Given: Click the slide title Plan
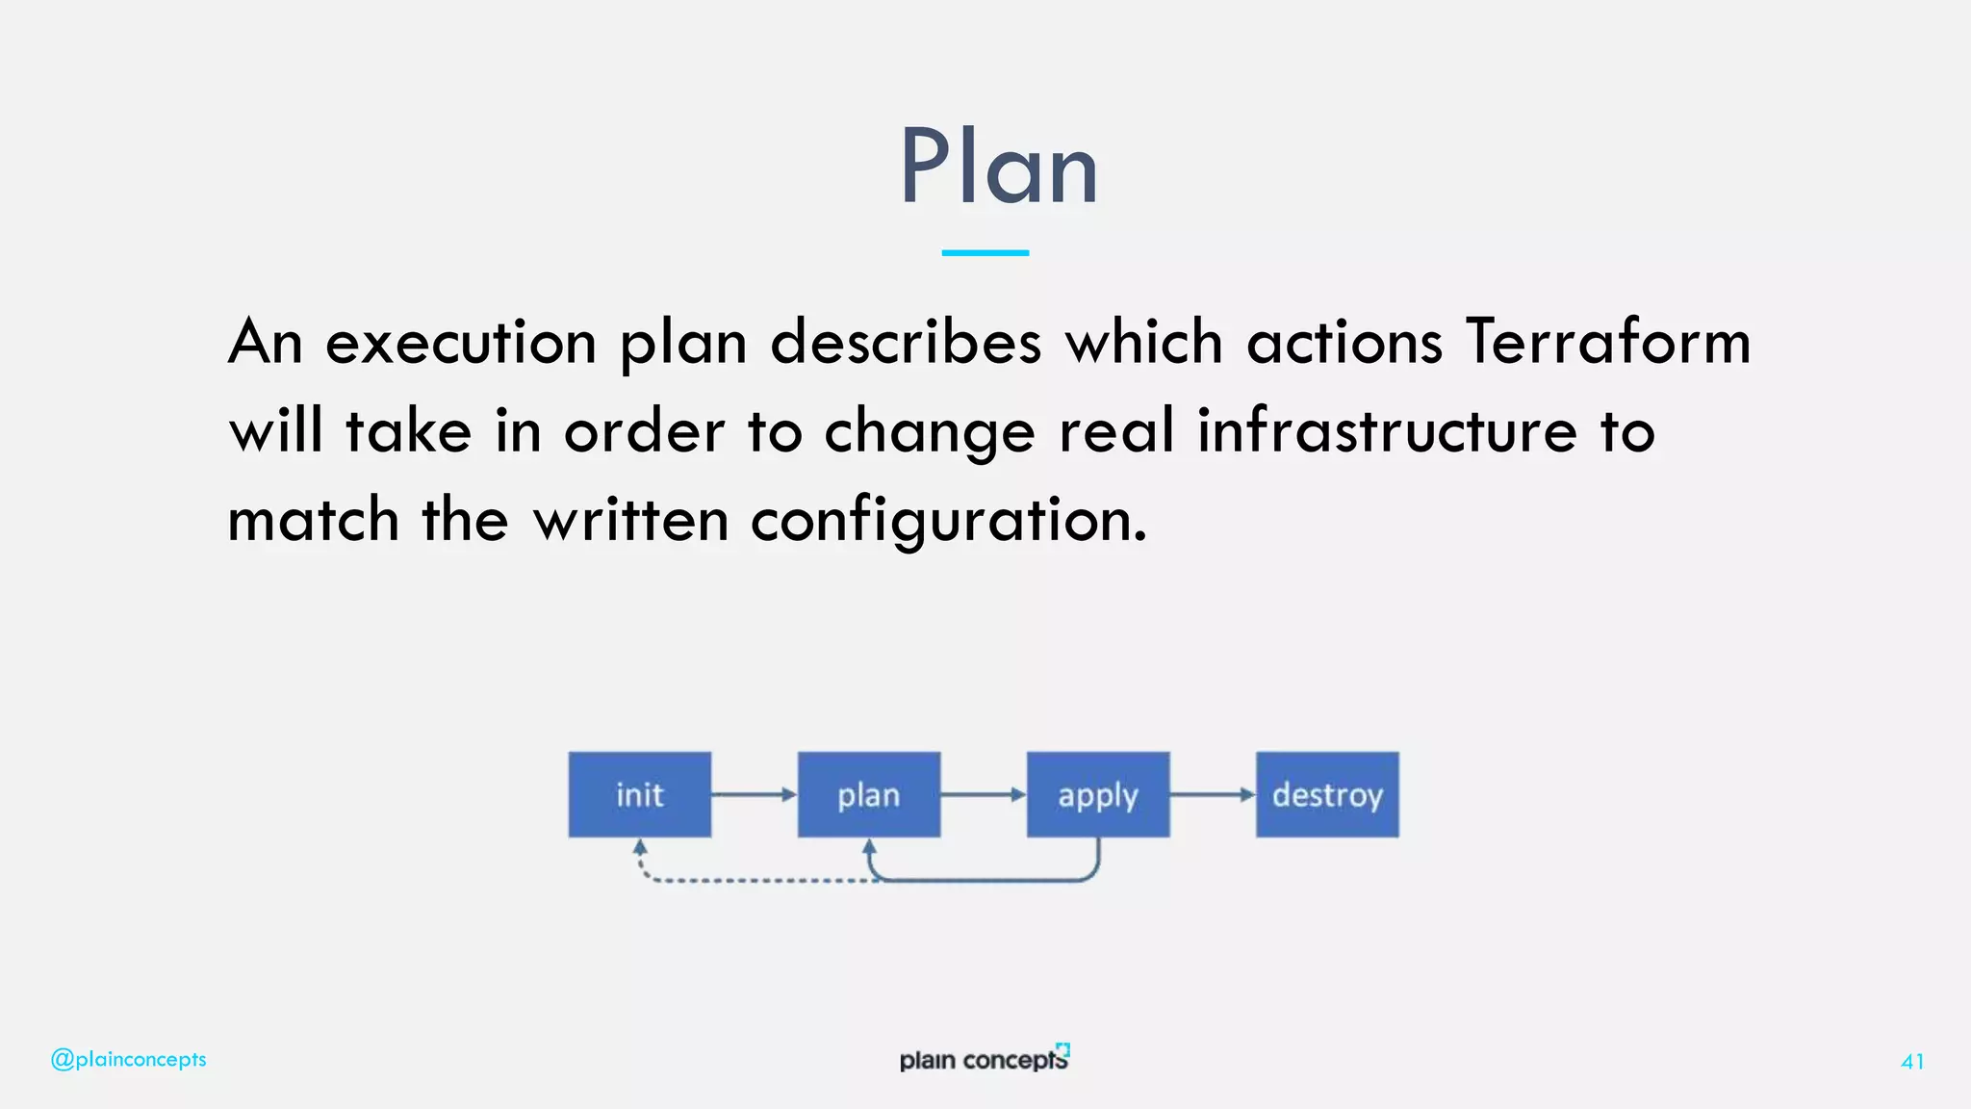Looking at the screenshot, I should click(998, 168).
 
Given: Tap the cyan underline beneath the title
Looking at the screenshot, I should click(985, 252).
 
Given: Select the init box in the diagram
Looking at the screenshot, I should click(640, 795).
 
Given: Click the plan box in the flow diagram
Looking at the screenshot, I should click(868, 795).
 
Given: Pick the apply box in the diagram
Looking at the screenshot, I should click(1098, 795).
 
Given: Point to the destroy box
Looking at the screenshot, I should click(1327, 795).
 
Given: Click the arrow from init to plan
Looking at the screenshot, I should click(754, 794).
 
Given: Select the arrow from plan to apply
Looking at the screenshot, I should click(983, 794).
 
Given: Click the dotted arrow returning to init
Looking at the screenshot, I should click(751, 880).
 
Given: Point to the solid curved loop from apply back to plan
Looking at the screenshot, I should click(991, 879).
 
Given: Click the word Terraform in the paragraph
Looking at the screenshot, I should click(1607, 342).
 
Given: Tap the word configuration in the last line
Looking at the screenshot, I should click(948, 520).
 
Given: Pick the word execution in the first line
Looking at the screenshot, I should click(461, 342).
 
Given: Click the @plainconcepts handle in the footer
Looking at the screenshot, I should click(128, 1059).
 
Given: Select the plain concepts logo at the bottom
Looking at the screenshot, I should click(984, 1059).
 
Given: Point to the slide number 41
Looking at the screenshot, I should click(1912, 1061).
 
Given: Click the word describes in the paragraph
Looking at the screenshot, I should click(906, 342).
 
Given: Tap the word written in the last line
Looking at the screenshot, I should click(630, 520).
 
